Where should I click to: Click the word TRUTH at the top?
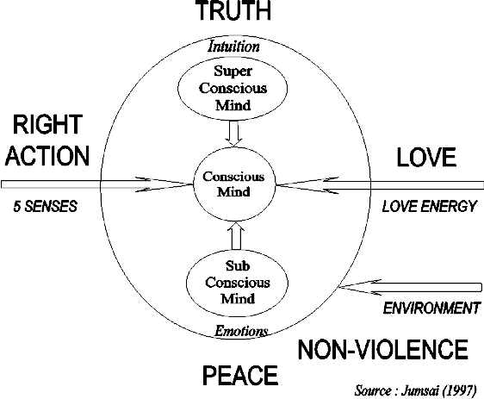tap(234, 10)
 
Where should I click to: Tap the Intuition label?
tap(233, 47)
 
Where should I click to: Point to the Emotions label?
tap(241, 331)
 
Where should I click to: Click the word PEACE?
tap(240, 375)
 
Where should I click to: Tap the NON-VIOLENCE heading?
tap(382, 349)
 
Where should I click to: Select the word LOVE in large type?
tap(426, 157)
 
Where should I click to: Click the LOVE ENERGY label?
tap(430, 206)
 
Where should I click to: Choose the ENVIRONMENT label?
tap(431, 308)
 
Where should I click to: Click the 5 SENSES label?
tap(45, 206)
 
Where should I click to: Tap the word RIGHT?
tap(47, 124)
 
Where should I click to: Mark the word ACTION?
tap(47, 156)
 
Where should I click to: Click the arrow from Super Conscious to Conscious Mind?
tap(233, 133)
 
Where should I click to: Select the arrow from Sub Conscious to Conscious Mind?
tap(236, 235)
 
